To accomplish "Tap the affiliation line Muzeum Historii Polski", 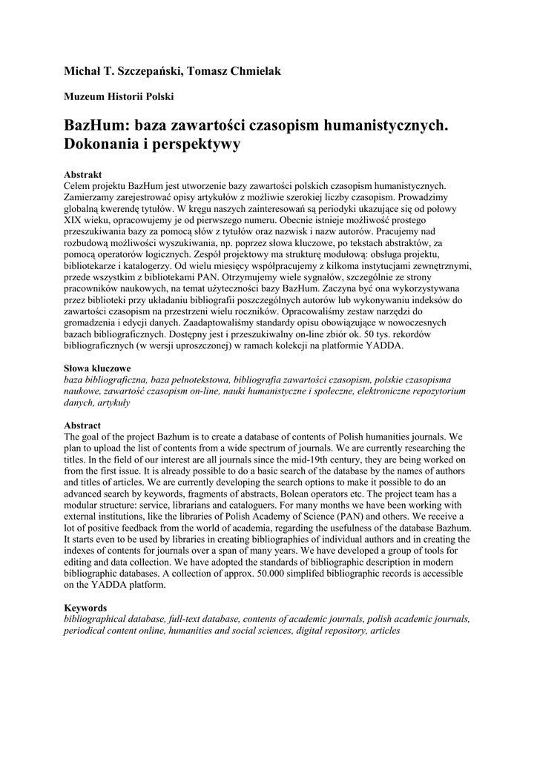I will pos(118,96).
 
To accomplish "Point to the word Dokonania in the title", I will pos(105,145).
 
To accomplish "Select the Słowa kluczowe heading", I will pos(97,368).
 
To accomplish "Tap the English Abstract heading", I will pos(82,426).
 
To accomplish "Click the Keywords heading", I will pos(85,609).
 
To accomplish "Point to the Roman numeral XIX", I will pos(74,220).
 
